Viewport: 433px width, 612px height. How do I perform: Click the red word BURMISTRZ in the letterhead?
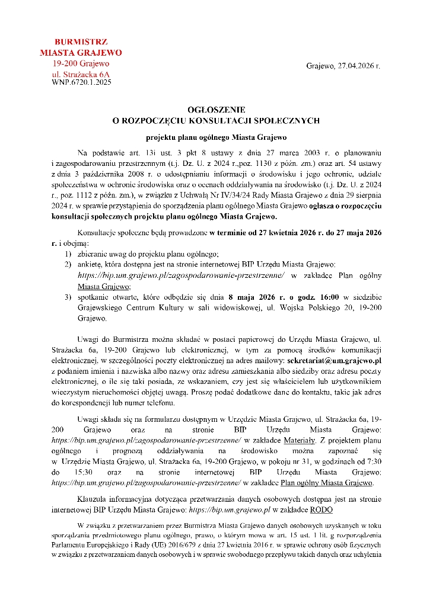coord(81,43)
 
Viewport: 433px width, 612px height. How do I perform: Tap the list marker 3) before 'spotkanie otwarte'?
coord(69,297)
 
